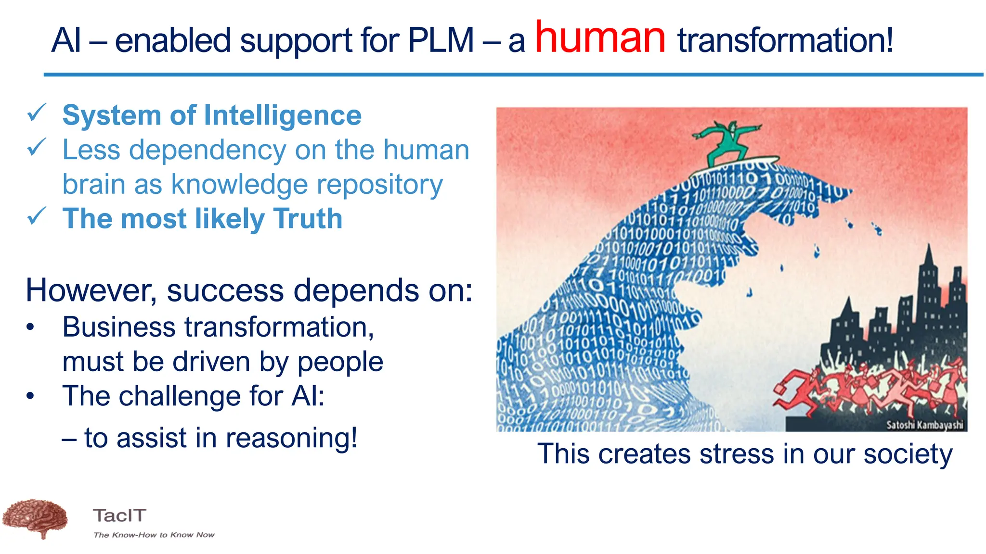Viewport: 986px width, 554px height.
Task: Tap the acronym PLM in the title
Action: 441,40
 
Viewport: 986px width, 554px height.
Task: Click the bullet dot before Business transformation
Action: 30,327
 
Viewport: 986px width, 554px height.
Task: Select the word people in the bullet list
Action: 340,362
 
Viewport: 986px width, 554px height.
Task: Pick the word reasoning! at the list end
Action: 291,439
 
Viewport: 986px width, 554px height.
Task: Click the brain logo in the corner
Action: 35,518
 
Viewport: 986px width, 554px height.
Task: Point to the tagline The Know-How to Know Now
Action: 154,535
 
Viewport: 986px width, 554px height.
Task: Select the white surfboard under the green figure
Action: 737,165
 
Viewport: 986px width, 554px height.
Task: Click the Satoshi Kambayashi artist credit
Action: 924,425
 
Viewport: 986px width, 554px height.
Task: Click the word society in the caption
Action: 908,454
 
